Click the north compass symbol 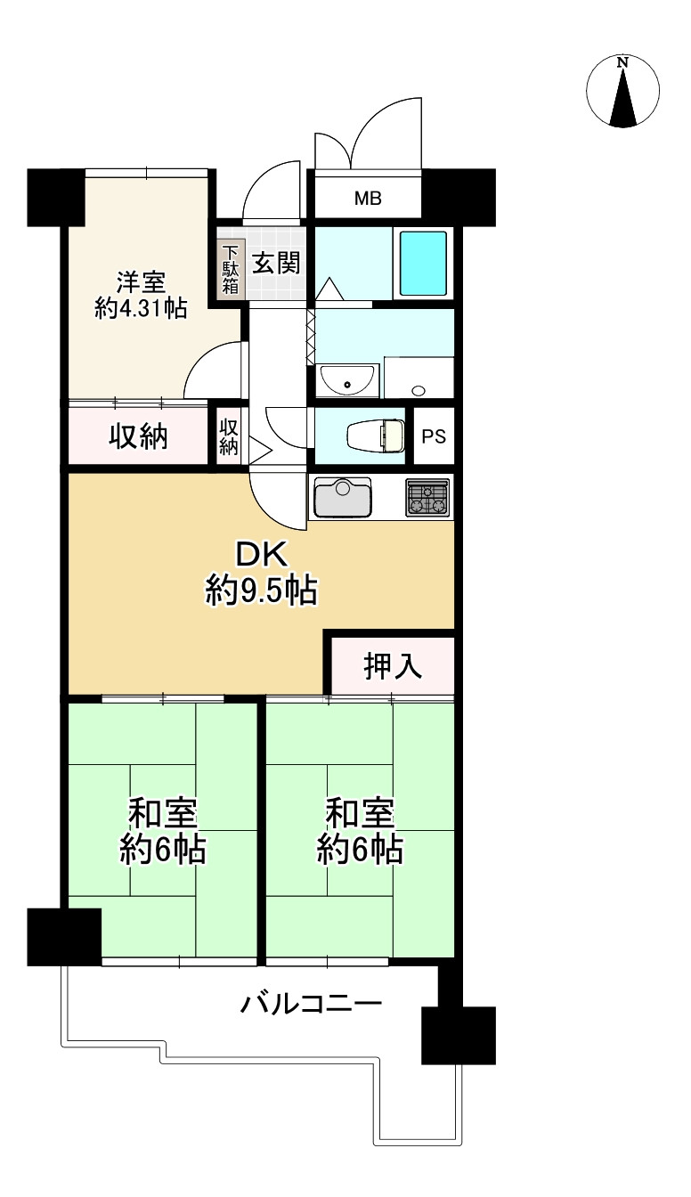click(x=623, y=91)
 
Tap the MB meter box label click(x=368, y=199)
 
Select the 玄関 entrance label click(x=275, y=264)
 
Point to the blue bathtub click(x=422, y=264)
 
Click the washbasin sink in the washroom click(x=346, y=380)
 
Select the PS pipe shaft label click(x=434, y=437)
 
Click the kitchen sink click(x=342, y=496)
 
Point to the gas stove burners click(x=429, y=497)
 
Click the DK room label click(x=261, y=555)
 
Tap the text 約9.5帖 click(x=261, y=590)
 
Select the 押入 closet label click(x=393, y=666)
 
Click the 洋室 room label click(x=141, y=281)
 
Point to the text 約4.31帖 click(x=141, y=309)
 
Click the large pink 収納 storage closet click(x=139, y=436)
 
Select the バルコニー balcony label click(x=312, y=1006)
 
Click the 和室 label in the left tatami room click(x=163, y=814)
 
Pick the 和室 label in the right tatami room click(x=360, y=814)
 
